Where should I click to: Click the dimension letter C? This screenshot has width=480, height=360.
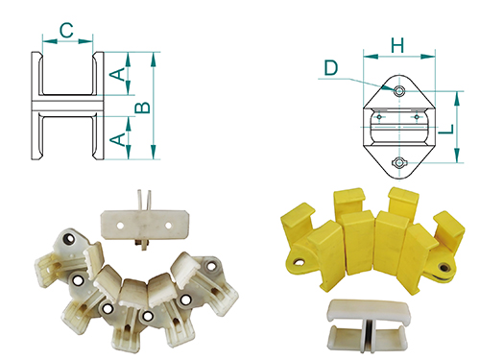point(66,31)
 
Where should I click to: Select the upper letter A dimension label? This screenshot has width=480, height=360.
point(117,74)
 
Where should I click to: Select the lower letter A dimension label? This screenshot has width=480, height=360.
point(117,139)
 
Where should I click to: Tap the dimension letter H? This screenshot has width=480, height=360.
point(397,45)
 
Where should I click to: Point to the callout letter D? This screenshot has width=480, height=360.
point(331,68)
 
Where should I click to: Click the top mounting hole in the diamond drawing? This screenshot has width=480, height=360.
point(399,91)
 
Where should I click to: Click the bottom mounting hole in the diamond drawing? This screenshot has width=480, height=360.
point(399,163)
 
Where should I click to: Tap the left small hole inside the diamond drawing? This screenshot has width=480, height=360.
point(379,117)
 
